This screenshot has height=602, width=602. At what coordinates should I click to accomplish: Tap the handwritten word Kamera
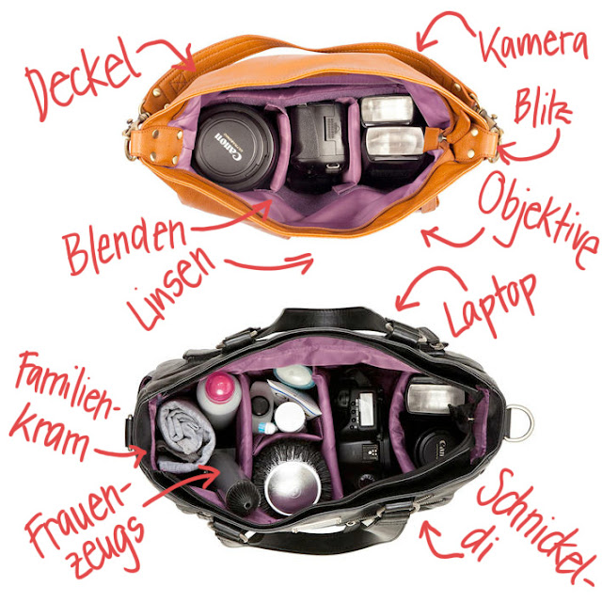[533, 43]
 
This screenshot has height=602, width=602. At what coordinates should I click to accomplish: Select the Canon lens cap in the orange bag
[232, 147]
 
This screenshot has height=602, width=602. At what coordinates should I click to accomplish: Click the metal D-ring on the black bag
[519, 422]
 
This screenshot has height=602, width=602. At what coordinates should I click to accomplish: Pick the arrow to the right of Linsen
[270, 263]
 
